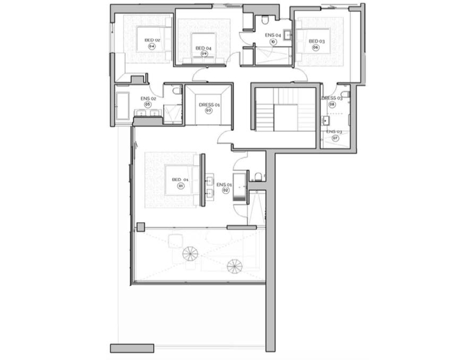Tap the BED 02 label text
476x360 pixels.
152,40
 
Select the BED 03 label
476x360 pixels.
316,41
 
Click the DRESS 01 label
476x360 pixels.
208,104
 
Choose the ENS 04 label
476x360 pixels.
273,35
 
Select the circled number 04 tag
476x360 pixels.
152,46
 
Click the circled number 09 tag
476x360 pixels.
204,53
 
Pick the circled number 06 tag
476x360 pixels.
316,47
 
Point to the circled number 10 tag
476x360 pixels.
273,41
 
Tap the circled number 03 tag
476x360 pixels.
208,111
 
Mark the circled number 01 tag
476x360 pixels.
180,186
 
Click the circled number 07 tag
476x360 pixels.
335,138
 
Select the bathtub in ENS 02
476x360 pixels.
122,106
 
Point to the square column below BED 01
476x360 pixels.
140,227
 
